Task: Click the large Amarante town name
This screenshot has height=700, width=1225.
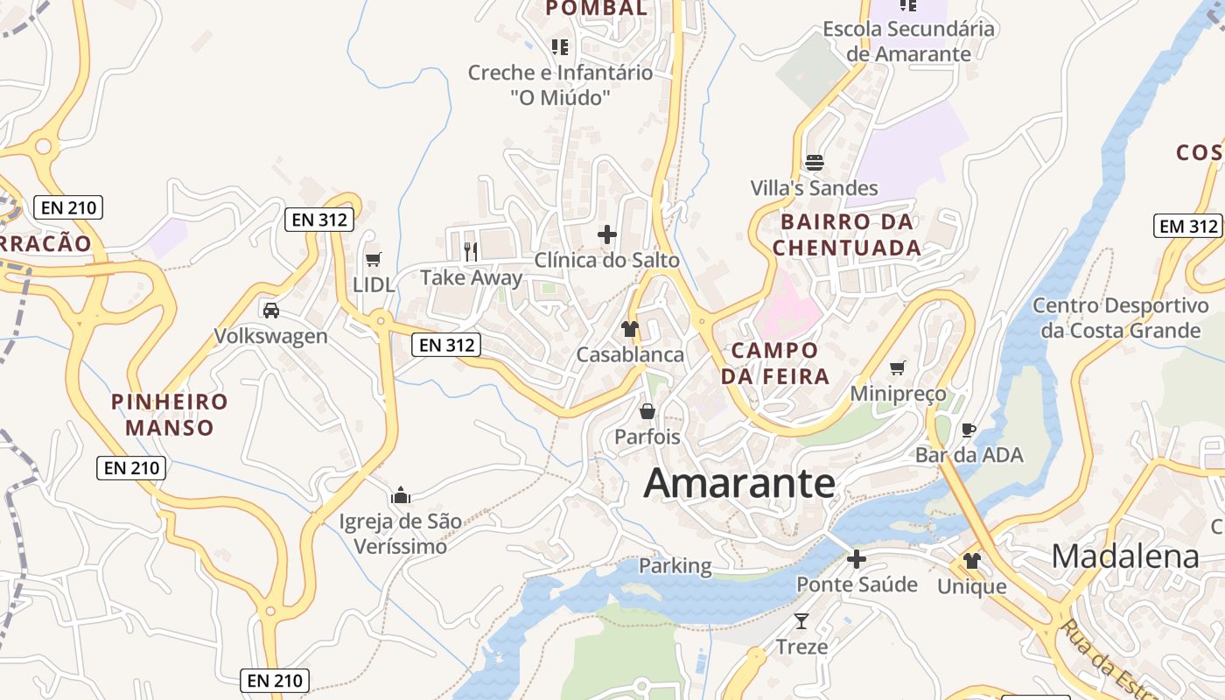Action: tap(739, 484)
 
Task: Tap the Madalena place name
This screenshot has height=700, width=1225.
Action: tap(1125, 556)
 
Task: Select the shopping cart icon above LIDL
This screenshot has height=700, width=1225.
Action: tap(374, 259)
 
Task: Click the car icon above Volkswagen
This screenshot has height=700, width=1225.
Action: tap(271, 310)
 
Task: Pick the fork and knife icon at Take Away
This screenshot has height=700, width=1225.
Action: tap(471, 252)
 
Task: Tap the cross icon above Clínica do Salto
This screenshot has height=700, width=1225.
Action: tap(606, 234)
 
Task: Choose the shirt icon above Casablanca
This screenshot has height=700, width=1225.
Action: tap(630, 329)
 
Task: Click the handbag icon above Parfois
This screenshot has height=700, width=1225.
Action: tap(647, 410)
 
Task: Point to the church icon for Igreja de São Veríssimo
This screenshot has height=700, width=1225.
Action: tap(401, 495)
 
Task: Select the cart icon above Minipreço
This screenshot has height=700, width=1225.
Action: tap(898, 367)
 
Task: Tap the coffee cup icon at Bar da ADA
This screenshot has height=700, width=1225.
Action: tap(969, 430)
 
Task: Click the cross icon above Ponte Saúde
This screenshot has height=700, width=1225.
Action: tap(857, 559)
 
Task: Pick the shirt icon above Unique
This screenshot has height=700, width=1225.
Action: tap(972, 561)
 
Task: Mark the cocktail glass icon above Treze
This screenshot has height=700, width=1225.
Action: tap(801, 621)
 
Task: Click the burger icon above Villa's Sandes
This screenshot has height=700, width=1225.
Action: tap(815, 163)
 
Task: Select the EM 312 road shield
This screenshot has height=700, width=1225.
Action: tap(1187, 226)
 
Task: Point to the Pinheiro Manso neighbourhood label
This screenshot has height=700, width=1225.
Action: tap(170, 415)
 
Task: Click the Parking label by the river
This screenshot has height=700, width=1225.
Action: tap(675, 566)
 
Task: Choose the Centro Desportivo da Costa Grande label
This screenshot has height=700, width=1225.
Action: tap(1120, 318)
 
